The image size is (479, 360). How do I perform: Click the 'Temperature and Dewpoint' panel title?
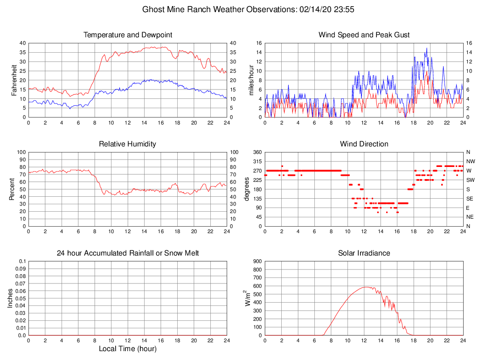click(x=127, y=35)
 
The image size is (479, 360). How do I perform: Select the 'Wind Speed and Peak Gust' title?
click(x=364, y=35)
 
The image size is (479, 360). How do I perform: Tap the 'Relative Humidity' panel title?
click(x=127, y=144)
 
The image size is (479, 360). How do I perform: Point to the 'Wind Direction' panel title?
click(x=364, y=144)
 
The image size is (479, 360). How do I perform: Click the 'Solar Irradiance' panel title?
click(x=364, y=253)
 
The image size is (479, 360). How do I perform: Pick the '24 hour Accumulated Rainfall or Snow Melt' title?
click(x=127, y=253)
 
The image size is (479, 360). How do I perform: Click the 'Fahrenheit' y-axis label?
click(x=14, y=80)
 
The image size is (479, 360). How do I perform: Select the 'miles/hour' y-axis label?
click(x=251, y=80)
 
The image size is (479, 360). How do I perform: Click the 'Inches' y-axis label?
click(x=10, y=298)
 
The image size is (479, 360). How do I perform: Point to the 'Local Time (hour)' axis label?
click(x=127, y=349)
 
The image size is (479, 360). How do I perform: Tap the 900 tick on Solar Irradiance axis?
click(x=257, y=261)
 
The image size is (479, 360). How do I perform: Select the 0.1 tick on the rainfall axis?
click(x=21, y=261)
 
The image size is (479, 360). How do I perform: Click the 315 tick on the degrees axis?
click(x=257, y=161)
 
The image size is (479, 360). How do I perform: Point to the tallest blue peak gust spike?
click(x=426, y=48)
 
